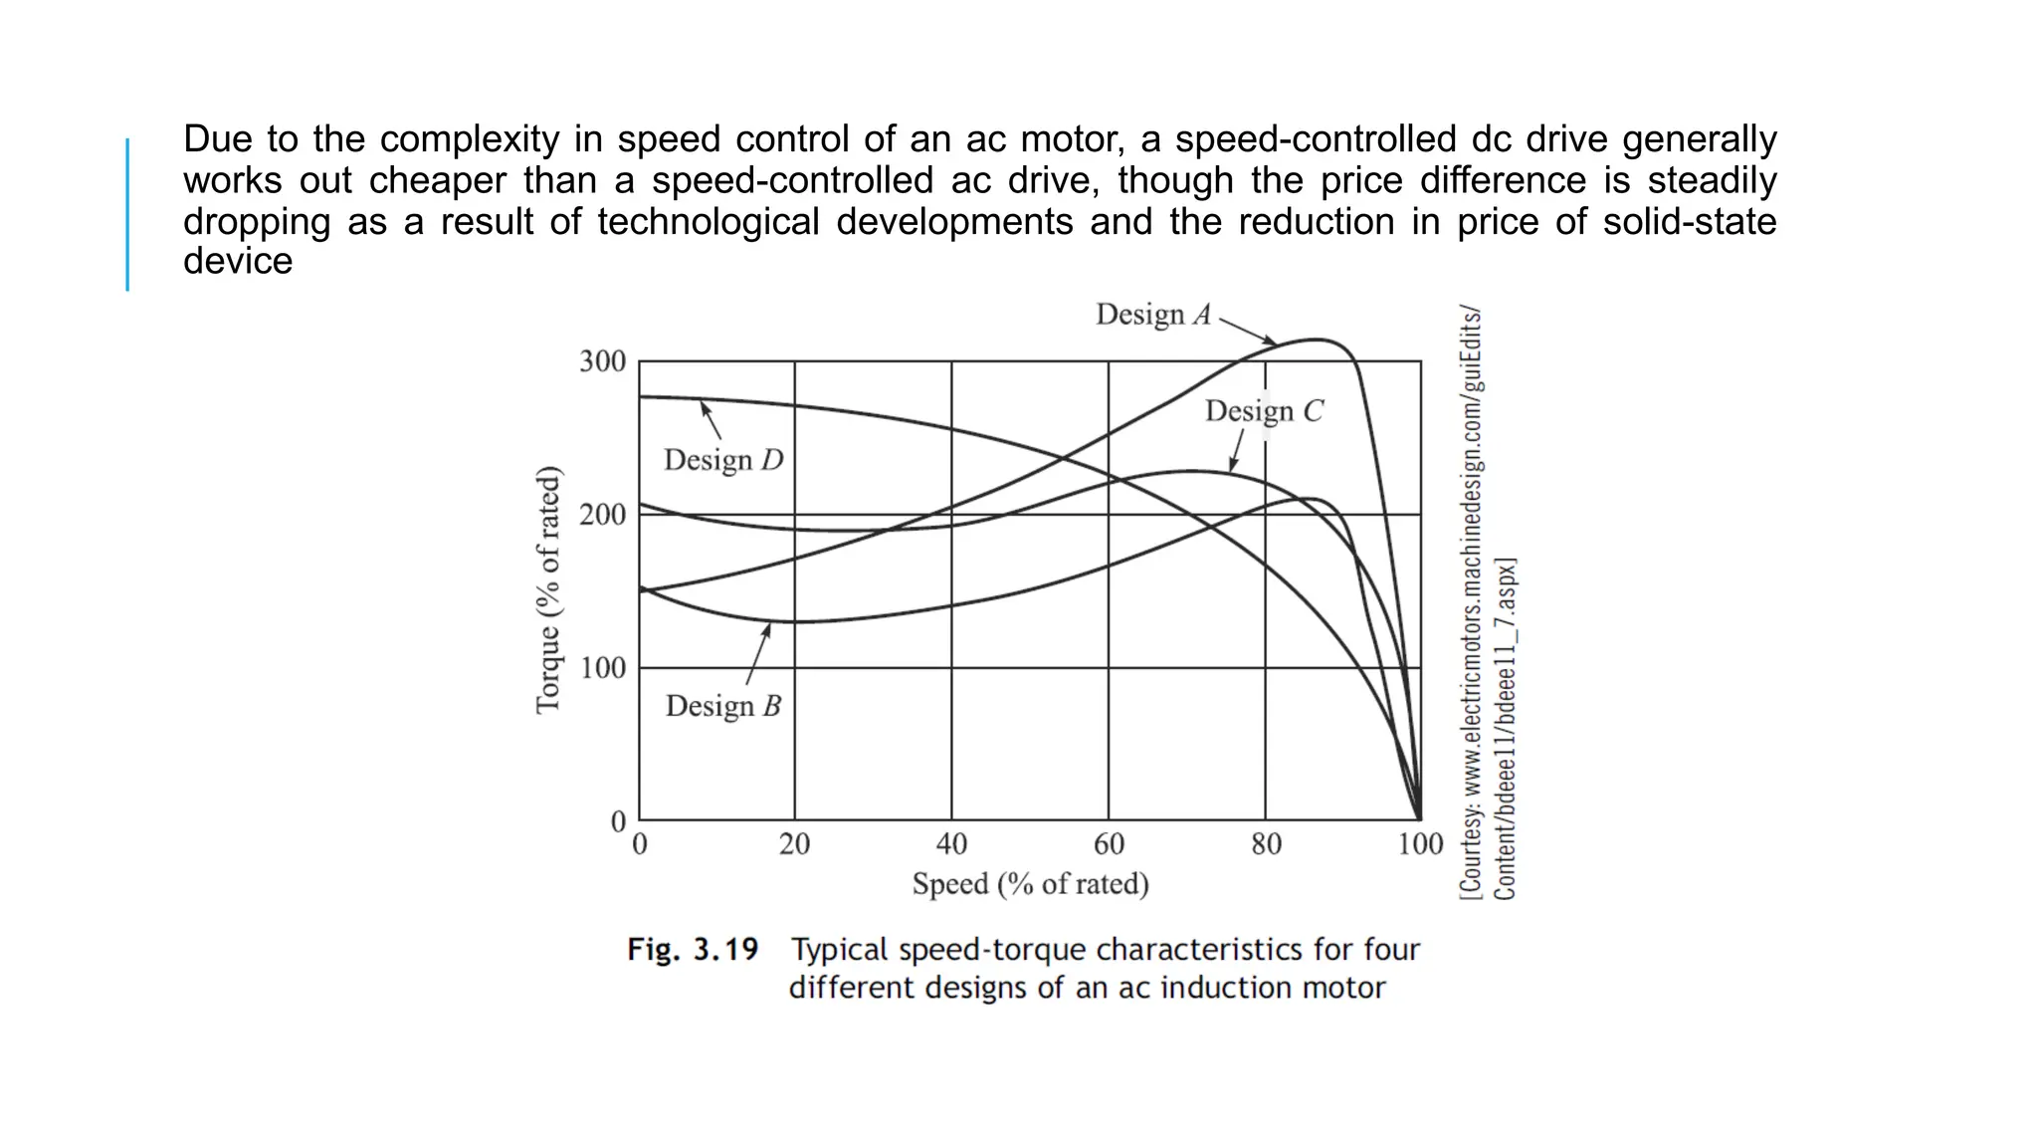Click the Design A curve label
pos(1153,315)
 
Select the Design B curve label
pos(722,706)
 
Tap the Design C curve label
pos(1264,411)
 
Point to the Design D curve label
pos(723,460)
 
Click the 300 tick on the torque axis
pos(602,361)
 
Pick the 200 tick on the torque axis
pos(602,515)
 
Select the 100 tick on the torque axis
pos(602,667)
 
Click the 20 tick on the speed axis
pos(794,845)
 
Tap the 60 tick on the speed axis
pos(1109,845)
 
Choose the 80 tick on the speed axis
pos(1266,845)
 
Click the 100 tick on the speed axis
pos(1420,845)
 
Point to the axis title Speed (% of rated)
pos(1030,884)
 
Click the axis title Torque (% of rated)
pos(548,589)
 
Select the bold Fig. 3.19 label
pos(692,950)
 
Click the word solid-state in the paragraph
pos(1689,221)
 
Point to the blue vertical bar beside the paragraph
pos(127,214)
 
